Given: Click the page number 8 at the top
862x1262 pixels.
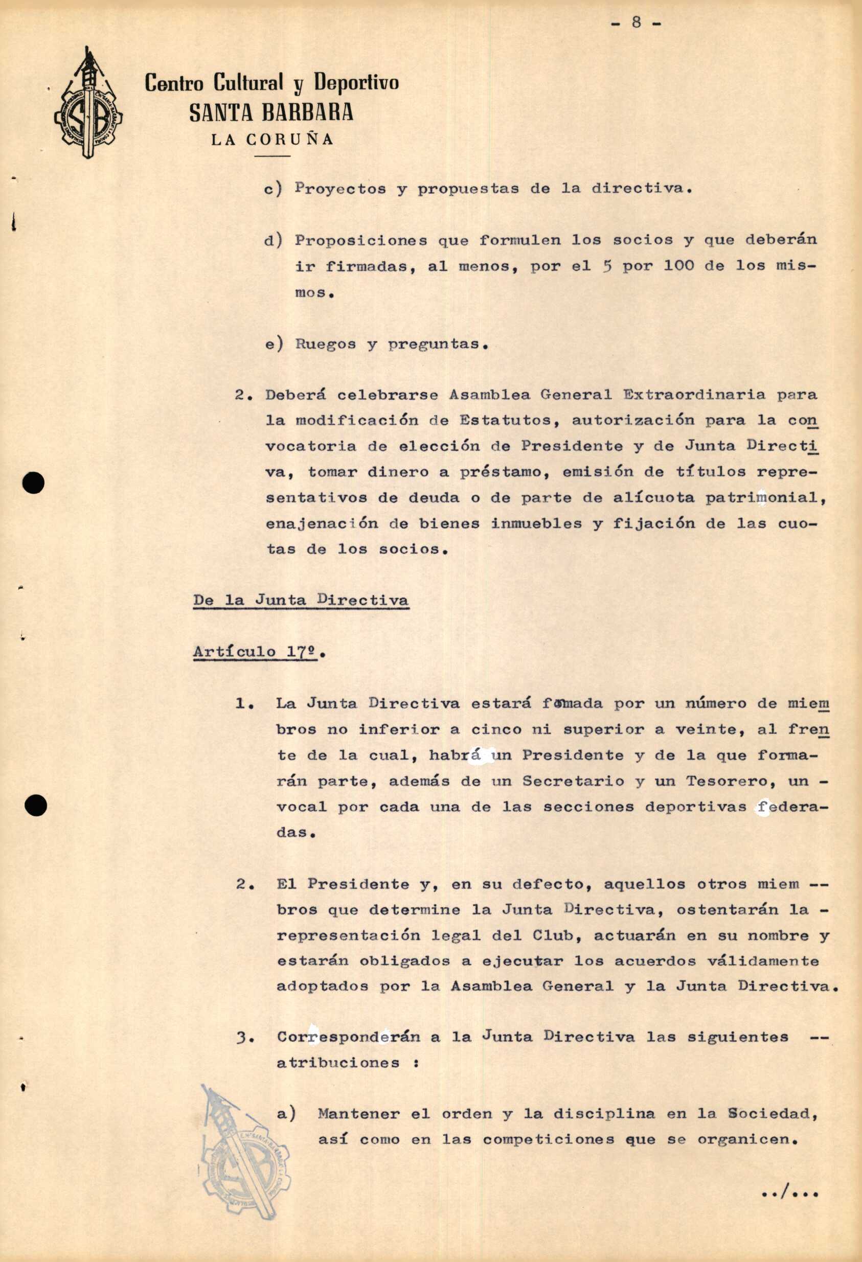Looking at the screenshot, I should tap(636, 23).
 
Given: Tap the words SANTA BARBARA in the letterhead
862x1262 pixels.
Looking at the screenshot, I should tap(271, 112).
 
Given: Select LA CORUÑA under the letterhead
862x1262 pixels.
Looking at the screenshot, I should tap(272, 140).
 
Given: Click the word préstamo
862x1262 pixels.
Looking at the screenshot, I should tap(503, 472).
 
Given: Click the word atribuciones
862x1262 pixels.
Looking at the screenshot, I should tap(338, 1062).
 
